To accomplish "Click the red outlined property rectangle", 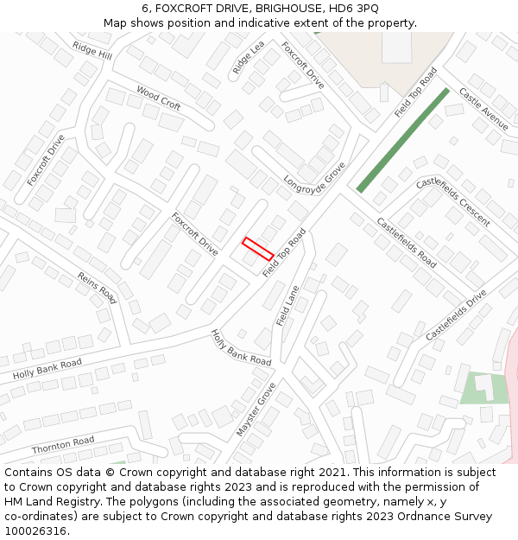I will [257, 249].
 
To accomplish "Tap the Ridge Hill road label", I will [92, 50].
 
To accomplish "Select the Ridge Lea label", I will [249, 58].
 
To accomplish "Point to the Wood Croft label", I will [159, 98].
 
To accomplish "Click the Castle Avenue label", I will [483, 108].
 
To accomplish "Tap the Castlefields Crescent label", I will [453, 201].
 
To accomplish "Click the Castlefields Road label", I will [406, 241].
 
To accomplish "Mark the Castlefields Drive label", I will [456, 314].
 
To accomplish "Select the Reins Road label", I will [97, 287].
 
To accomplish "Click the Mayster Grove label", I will [256, 409].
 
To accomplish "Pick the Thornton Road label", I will [63, 446].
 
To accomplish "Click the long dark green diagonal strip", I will [403, 139].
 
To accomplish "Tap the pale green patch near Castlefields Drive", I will [483, 388].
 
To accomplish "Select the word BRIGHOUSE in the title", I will [287, 9].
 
